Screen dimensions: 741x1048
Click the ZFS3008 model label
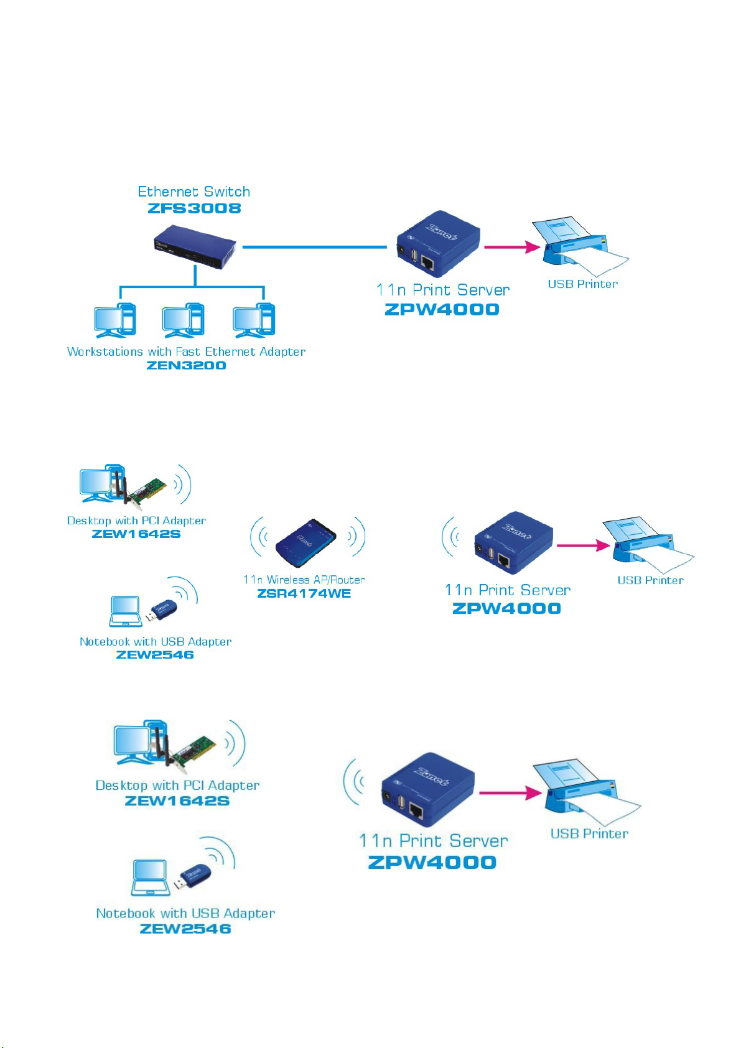194,208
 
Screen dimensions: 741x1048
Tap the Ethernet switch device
194,246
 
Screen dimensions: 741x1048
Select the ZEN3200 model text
186,365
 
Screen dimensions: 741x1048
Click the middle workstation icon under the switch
183,320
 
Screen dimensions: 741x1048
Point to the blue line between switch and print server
315,246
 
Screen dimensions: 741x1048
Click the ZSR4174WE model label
304,594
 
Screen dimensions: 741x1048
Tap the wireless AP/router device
306,542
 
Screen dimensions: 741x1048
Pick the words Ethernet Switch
193,192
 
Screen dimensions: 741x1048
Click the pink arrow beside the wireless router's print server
583,545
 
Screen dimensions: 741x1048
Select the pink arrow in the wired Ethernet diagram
512,246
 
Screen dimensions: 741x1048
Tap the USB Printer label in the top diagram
582,284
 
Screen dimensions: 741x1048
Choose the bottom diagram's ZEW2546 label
185,929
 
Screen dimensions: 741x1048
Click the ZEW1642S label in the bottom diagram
177,800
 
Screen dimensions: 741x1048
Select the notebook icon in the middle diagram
126,611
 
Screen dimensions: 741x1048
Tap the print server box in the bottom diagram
427,789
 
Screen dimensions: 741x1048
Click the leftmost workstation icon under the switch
114,320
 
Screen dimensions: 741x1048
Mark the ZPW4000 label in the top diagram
442,309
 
